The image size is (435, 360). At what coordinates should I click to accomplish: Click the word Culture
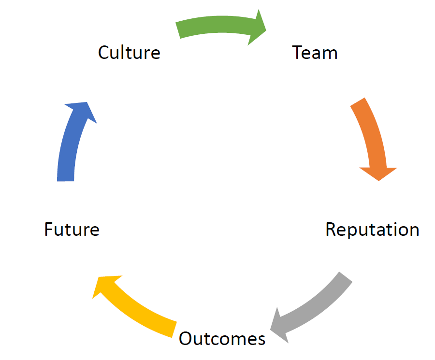click(129, 52)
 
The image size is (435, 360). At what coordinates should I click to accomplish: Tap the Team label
click(315, 52)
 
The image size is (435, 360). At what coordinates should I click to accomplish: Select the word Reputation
click(372, 229)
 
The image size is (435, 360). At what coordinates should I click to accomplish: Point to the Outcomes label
click(222, 338)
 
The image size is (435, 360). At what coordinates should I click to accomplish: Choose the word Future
click(72, 229)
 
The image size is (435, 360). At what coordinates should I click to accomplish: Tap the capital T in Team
click(298, 52)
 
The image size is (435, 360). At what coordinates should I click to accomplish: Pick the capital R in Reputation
click(331, 229)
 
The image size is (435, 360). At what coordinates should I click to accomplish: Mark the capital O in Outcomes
click(187, 338)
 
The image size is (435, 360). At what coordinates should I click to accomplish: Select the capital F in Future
click(49, 229)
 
